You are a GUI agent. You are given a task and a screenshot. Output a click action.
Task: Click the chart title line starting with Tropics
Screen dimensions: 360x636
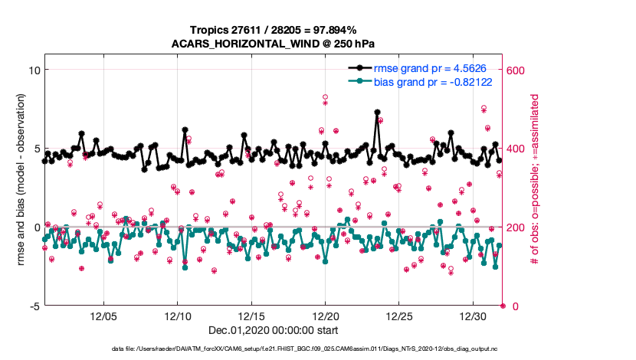point(274,29)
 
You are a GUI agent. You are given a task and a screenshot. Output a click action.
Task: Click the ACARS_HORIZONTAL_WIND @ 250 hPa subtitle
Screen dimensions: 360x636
point(274,43)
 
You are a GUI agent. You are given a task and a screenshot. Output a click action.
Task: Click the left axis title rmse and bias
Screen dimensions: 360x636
point(21,180)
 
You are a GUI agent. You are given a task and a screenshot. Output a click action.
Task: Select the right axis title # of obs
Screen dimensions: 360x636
point(535,180)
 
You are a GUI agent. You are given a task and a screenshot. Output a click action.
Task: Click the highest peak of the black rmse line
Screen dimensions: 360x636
point(378,112)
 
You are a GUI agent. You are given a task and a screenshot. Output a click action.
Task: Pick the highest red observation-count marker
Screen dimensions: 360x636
point(326,97)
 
